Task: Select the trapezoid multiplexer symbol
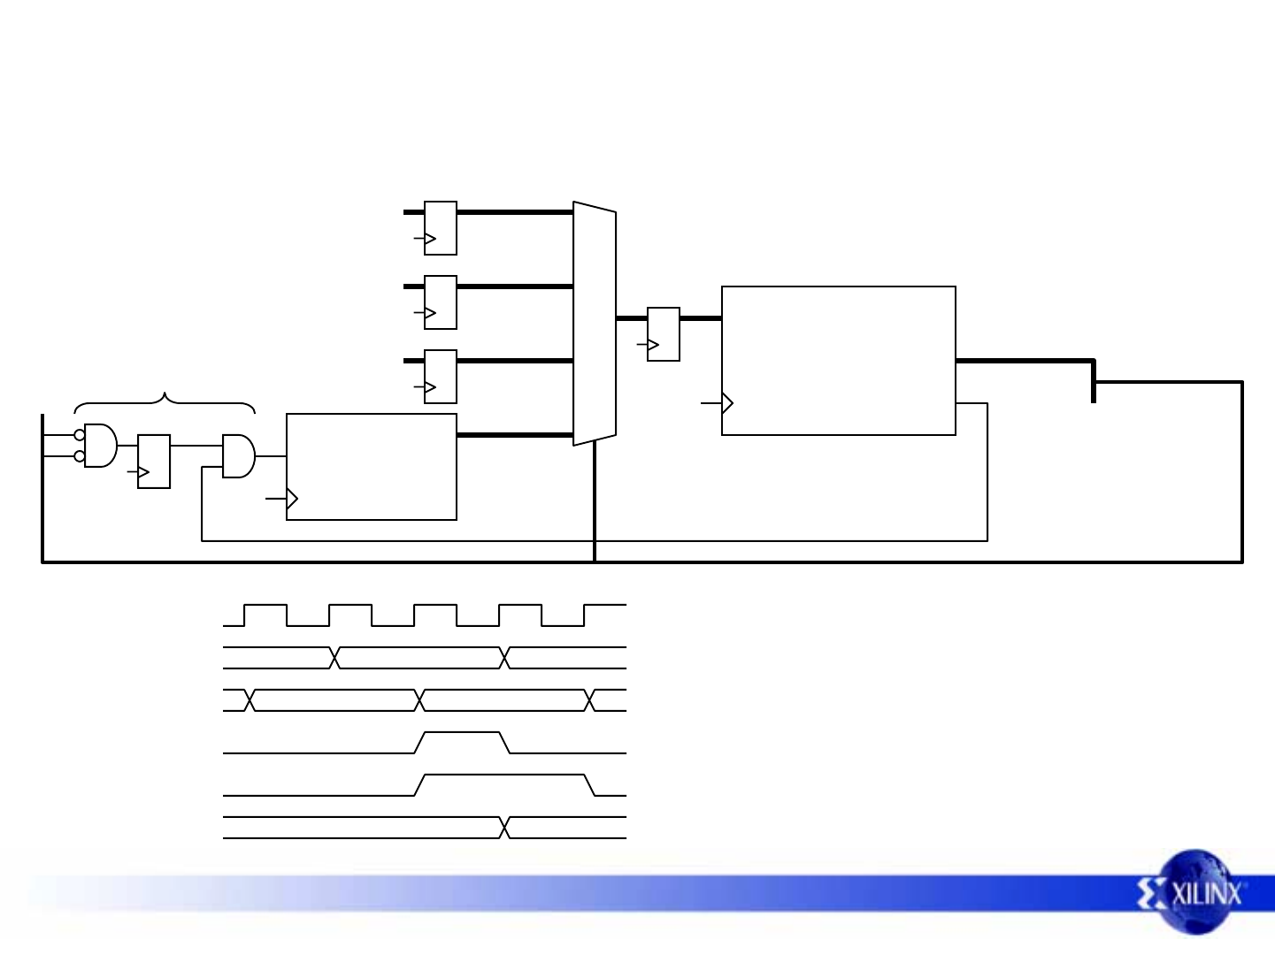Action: [595, 324]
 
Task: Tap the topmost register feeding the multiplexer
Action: [441, 228]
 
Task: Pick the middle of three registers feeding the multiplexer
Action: [441, 302]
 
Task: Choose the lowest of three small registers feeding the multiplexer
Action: [441, 377]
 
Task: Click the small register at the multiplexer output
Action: [664, 334]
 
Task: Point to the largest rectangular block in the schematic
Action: [838, 361]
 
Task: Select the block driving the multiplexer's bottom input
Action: [372, 467]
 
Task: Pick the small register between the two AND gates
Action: [154, 462]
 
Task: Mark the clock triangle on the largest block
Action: [727, 403]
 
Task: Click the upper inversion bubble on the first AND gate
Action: [80, 435]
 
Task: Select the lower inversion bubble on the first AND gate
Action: [80, 456]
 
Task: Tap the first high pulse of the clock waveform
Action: [265, 615]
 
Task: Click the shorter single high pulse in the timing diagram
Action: [463, 742]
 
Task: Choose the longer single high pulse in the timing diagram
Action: [505, 784]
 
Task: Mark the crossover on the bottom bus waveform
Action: [505, 828]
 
